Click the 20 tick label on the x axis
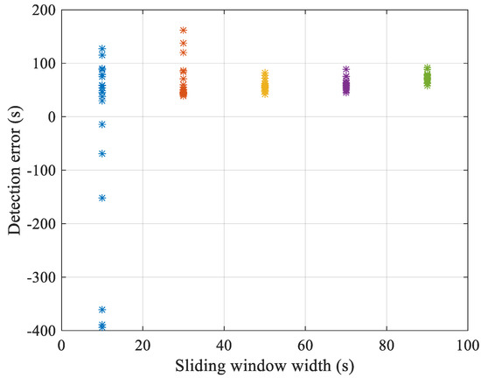(143, 345)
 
